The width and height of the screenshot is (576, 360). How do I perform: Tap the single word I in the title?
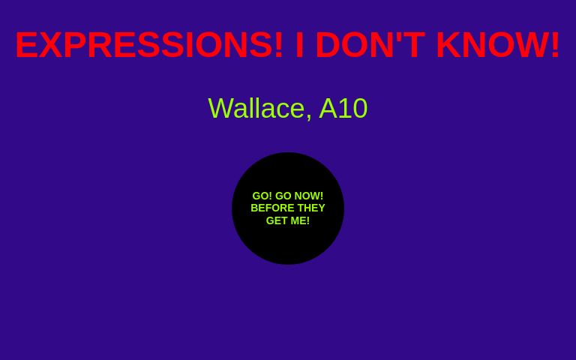[x=299, y=45]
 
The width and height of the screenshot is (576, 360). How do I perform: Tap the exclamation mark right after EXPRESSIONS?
[x=279, y=45]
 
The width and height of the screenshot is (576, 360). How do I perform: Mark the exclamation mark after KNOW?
[x=555, y=45]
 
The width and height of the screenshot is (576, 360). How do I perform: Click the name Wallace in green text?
[x=256, y=109]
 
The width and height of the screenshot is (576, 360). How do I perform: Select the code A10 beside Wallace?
[x=343, y=109]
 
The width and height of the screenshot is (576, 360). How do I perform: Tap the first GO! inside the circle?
[x=262, y=196]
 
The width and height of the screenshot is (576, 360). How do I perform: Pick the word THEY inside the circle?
[x=310, y=208]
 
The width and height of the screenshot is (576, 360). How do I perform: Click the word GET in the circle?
[x=277, y=220]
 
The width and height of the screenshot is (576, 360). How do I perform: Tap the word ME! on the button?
[x=300, y=220]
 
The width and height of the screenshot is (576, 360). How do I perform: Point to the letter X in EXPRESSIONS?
[x=51, y=45]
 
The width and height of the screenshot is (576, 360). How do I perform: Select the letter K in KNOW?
[x=448, y=45]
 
